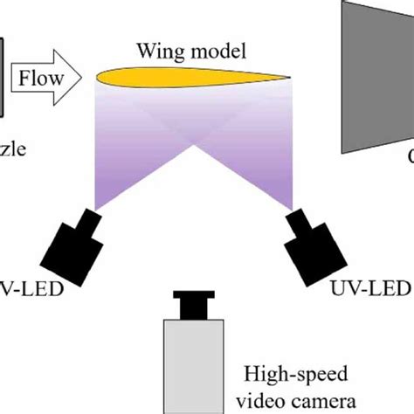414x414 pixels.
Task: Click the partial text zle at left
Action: click(14, 149)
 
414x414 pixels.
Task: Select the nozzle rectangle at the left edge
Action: click(4, 74)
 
